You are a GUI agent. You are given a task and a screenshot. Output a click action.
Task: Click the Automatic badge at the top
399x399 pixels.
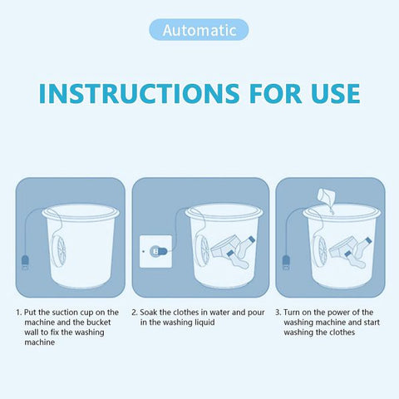199,30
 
